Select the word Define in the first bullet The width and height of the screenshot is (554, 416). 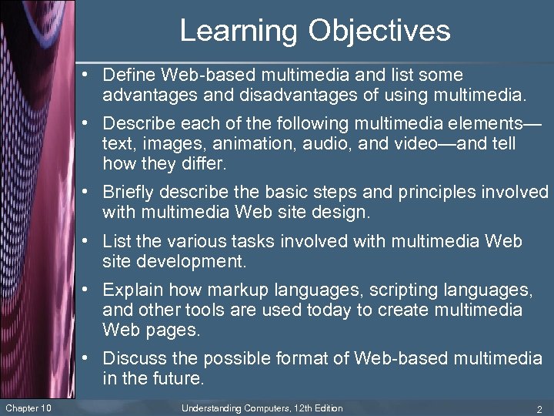click(x=127, y=75)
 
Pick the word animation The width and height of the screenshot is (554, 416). click(x=252, y=144)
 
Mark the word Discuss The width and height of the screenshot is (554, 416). click(x=132, y=359)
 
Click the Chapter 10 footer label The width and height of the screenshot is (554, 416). click(x=28, y=408)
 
